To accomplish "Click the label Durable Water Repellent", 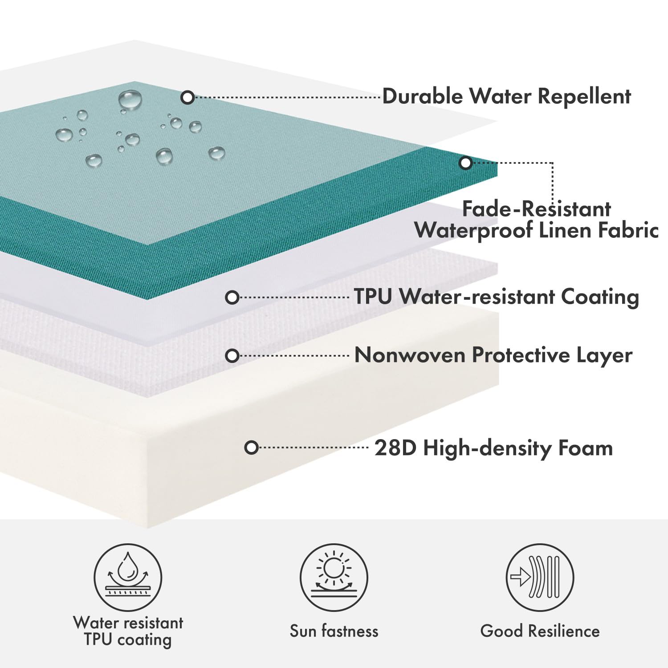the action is tap(506, 97).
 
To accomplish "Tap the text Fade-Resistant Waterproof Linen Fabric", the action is tap(536, 220).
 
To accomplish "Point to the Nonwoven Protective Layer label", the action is tap(493, 355).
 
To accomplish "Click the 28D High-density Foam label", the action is tap(493, 448).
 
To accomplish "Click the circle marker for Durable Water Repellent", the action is tap(188, 97).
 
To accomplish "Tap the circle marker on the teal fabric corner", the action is tap(465, 163).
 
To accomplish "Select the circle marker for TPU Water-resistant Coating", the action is tap(232, 297).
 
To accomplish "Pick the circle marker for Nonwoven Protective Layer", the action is tap(232, 356).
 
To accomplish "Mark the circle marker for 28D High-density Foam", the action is tap(252, 448).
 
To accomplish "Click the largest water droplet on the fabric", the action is tap(130, 100).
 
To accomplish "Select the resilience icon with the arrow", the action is tap(540, 578).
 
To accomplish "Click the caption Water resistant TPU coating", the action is tap(128, 631).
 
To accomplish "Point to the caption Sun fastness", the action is tap(334, 631).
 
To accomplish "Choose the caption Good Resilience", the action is tap(540, 631).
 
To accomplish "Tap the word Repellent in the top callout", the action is tap(584, 97).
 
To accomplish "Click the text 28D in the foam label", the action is tap(395, 448).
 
